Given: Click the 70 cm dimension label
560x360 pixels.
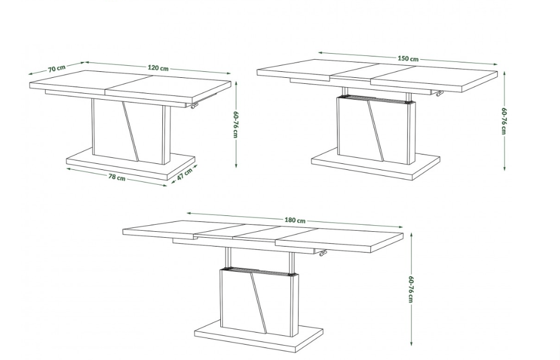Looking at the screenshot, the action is click(x=57, y=68).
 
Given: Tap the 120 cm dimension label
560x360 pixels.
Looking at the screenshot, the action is click(x=158, y=68).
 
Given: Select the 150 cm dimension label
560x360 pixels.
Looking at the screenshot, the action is click(x=408, y=59).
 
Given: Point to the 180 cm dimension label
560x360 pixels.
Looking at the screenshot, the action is click(x=295, y=220).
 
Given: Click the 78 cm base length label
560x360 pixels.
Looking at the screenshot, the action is click(x=117, y=177).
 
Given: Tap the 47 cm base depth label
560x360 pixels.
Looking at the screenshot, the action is click(x=185, y=174).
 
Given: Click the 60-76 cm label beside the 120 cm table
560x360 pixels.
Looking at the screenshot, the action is click(x=236, y=124).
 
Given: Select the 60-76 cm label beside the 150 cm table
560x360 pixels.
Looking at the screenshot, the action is click(x=504, y=121).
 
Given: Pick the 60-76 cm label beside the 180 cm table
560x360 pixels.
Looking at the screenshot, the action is click(x=411, y=289).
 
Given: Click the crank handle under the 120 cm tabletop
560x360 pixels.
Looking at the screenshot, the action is click(x=193, y=106).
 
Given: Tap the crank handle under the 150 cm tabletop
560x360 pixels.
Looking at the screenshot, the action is click(x=438, y=94).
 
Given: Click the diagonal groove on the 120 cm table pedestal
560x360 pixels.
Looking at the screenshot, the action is click(x=130, y=131).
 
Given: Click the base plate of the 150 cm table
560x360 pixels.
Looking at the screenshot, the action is click(x=376, y=164).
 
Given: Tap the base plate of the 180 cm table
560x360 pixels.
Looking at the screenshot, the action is click(x=259, y=336).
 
